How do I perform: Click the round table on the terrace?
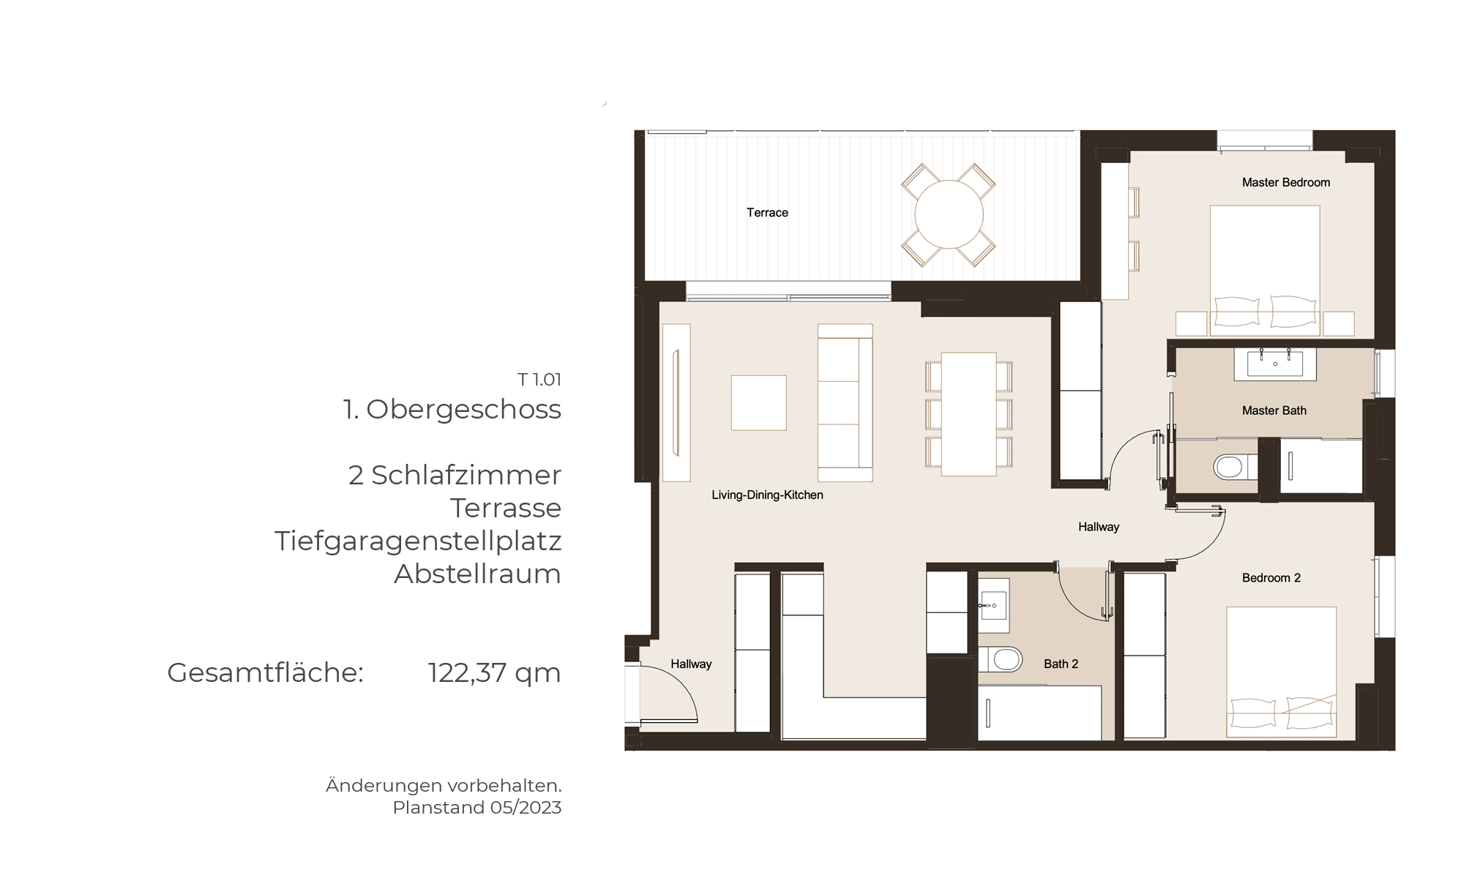949,214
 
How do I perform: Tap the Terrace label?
767,213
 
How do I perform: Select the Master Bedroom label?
1286,182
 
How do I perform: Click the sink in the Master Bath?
1275,364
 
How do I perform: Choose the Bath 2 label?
1061,664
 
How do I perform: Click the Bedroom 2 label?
1271,578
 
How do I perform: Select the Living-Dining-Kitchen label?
767,495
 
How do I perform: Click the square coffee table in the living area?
758,402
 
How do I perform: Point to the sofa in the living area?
845,402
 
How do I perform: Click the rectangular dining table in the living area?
968,414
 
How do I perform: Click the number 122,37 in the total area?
466,672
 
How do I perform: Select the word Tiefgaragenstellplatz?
418,541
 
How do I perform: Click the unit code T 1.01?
539,380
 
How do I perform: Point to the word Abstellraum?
477,574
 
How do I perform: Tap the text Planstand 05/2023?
477,808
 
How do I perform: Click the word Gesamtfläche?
266,672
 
